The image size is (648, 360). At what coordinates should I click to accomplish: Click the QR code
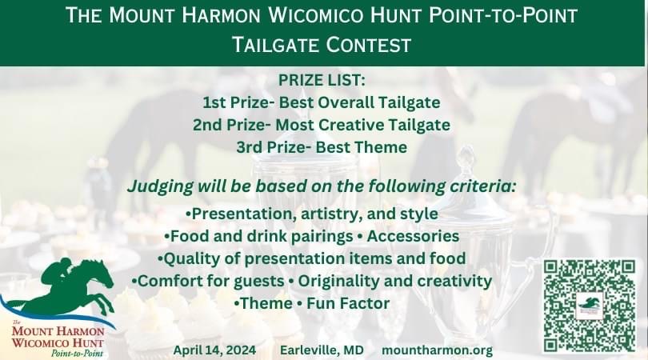coord(590,306)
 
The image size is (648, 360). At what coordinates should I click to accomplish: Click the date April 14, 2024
coord(214,350)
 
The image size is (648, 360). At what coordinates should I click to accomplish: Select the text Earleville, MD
coord(322,350)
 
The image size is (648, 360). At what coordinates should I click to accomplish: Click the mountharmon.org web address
coord(438,350)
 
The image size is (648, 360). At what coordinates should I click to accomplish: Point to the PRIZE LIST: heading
coord(322,80)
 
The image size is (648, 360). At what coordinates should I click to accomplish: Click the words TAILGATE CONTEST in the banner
coord(322,45)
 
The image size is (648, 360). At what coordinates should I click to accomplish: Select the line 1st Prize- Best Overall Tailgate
coord(322,102)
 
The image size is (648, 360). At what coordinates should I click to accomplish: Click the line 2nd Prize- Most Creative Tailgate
coord(322,125)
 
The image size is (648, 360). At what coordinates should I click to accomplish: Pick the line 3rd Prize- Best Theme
coord(322,147)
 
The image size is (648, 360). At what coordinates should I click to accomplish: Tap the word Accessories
coord(413,236)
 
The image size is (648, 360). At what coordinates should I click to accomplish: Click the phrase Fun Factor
coord(348,303)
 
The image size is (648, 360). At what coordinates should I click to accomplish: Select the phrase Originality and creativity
coord(395,281)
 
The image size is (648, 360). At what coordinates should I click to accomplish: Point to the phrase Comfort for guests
coord(210,281)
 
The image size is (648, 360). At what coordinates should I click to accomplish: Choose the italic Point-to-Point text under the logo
coord(77,354)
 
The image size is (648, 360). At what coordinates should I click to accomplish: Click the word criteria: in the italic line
coord(483,186)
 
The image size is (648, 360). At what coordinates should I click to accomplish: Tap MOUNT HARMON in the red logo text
coord(58,331)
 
